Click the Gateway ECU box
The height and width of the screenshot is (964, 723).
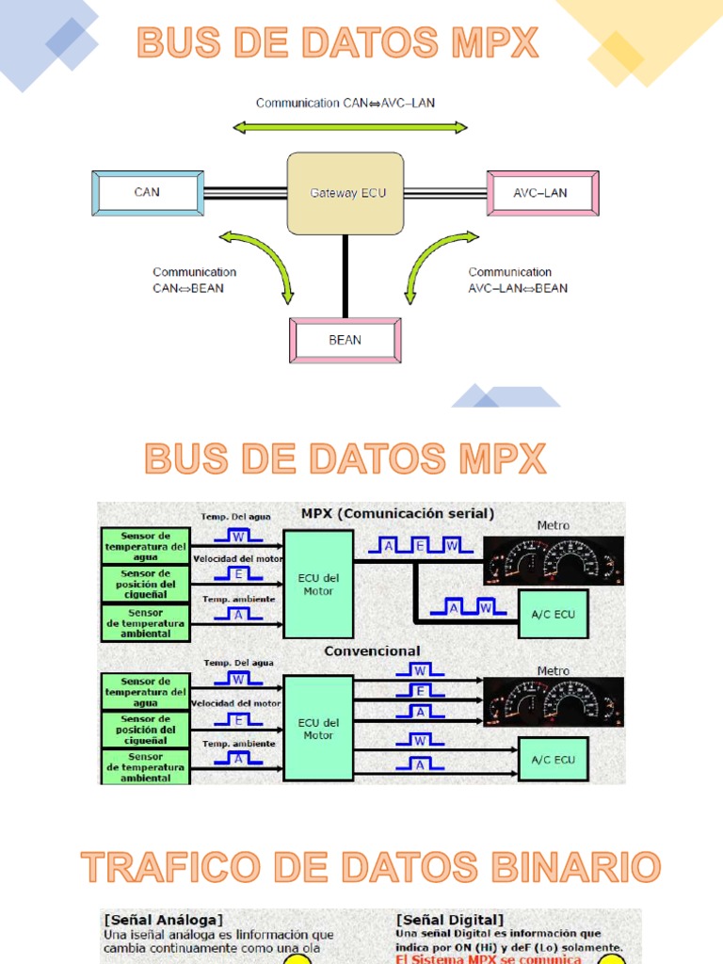[x=347, y=194]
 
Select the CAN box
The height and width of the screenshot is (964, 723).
[x=148, y=193]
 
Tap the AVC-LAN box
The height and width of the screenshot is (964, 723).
[x=541, y=193]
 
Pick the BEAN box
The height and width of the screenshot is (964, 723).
[x=345, y=340]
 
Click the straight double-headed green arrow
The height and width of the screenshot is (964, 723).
[x=350, y=127]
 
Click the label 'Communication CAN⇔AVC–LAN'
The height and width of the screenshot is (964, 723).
[x=345, y=103]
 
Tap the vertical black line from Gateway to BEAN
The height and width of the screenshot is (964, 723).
[x=345, y=276]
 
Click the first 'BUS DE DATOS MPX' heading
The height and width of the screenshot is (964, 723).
[x=338, y=43]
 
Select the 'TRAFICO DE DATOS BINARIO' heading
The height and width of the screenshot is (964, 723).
[x=370, y=867]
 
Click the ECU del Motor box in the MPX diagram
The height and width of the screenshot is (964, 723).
[x=318, y=584]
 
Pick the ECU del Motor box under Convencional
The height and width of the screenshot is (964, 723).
[x=318, y=728]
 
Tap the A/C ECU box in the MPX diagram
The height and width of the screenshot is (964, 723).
[x=554, y=614]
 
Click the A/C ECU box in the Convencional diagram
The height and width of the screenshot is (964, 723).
[x=554, y=760]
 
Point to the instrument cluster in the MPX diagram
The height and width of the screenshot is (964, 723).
[x=554, y=560]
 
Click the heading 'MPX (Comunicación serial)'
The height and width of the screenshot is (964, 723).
[x=397, y=513]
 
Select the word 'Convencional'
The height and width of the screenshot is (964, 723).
[x=372, y=651]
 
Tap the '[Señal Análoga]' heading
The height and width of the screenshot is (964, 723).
[x=165, y=919]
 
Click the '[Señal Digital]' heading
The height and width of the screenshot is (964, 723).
[x=450, y=919]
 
